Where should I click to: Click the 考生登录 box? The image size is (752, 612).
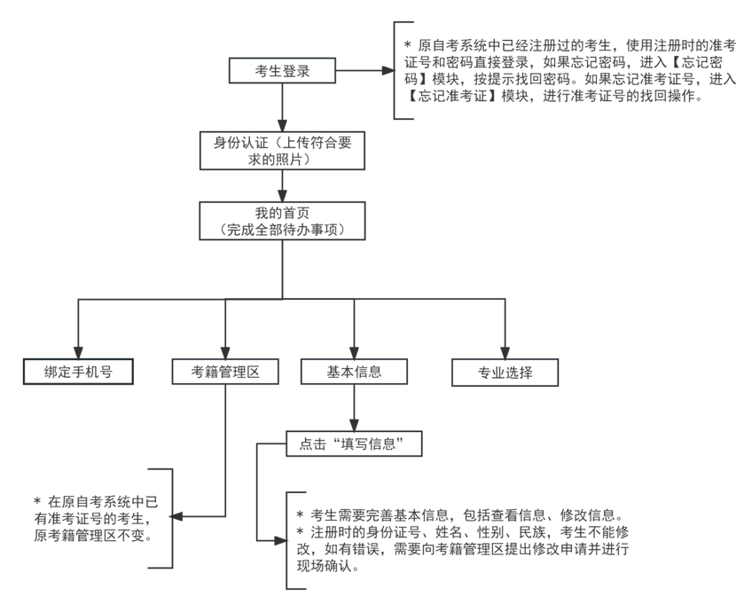click(282, 70)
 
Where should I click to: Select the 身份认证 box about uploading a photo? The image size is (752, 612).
click(282, 149)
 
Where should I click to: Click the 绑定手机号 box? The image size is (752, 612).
click(78, 372)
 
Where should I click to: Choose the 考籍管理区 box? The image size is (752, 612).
click(225, 372)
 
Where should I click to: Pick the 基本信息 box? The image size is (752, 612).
click(355, 372)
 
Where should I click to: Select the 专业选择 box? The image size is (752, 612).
click(505, 373)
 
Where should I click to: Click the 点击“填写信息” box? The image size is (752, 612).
click(353, 443)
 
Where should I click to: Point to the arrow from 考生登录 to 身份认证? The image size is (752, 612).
click(282, 107)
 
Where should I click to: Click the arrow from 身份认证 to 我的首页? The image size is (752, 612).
click(282, 184)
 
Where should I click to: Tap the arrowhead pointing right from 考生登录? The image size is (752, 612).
click(387, 70)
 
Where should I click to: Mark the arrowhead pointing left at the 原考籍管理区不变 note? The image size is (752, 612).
click(176, 516)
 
